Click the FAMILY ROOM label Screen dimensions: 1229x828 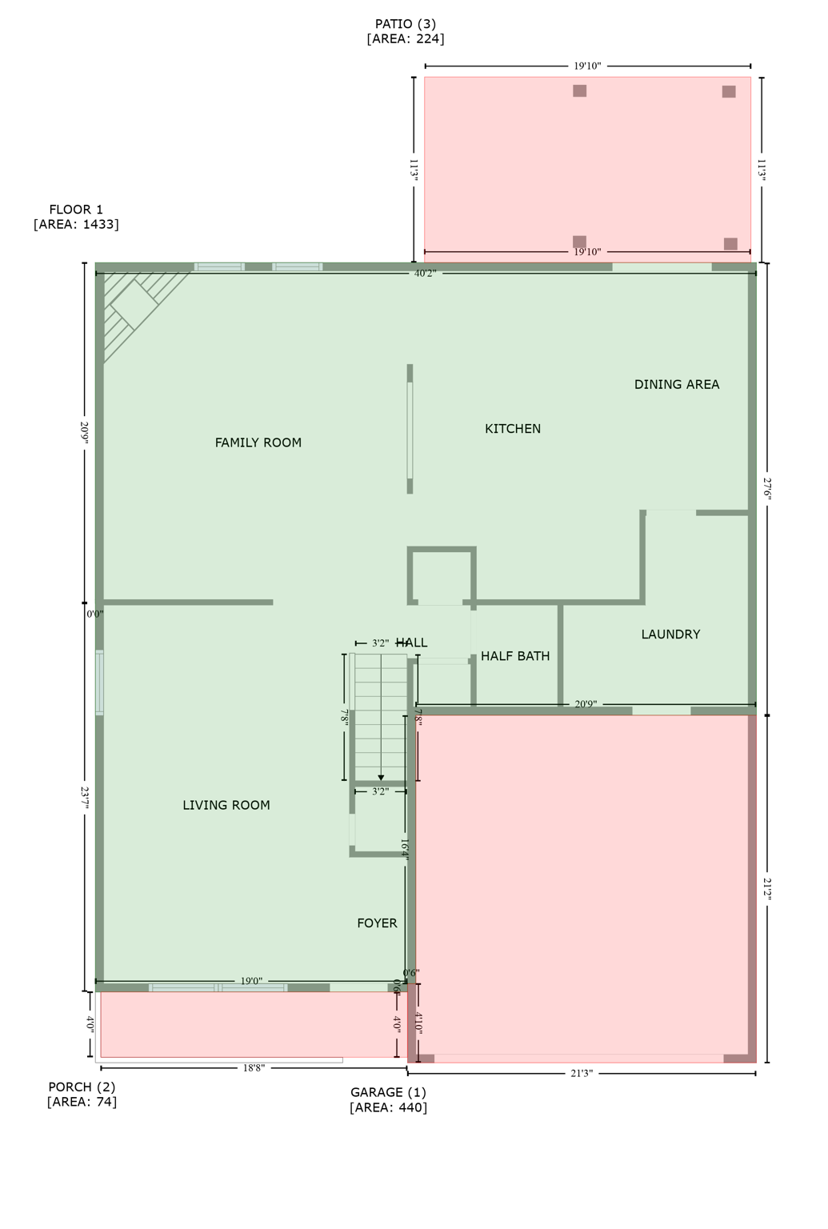click(x=258, y=442)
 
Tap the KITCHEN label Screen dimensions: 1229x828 click(x=512, y=429)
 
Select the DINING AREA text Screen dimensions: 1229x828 click(x=676, y=385)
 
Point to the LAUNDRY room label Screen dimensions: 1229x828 click(x=670, y=635)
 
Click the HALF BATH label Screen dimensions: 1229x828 click(x=515, y=656)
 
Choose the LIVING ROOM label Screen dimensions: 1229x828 click(x=226, y=806)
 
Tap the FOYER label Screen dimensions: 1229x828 click(x=377, y=923)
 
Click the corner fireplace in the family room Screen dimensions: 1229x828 click(x=134, y=305)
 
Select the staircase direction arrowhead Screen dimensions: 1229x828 click(x=381, y=777)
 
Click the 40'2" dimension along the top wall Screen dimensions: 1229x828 click(x=425, y=274)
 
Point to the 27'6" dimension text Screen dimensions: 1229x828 click(x=766, y=489)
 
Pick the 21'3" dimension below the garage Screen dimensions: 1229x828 click(x=582, y=1074)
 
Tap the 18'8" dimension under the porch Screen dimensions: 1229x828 click(x=254, y=1068)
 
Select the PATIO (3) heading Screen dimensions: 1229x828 click(x=406, y=24)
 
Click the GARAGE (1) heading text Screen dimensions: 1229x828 click(x=388, y=1092)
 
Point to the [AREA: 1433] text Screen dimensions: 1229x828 click(x=76, y=225)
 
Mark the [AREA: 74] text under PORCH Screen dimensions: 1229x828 click(x=82, y=1102)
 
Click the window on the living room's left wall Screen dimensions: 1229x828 click(x=100, y=682)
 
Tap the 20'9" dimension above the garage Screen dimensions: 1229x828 click(x=586, y=705)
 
